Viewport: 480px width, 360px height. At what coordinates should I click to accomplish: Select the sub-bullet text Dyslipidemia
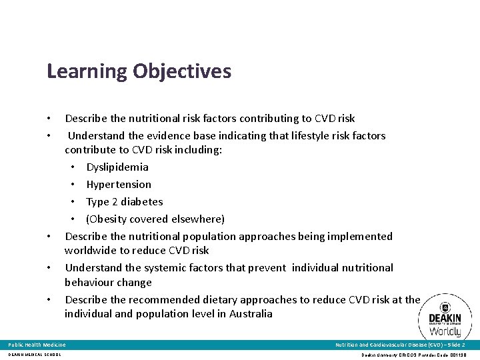(117, 167)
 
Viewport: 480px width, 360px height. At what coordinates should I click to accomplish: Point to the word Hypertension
(119, 185)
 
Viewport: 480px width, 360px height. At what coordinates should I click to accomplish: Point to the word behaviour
(89, 283)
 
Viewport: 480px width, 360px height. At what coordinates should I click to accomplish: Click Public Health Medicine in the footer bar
(37, 345)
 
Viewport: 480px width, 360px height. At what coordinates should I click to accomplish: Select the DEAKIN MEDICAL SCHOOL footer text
(35, 355)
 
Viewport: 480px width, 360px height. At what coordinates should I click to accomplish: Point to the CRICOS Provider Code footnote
(414, 355)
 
